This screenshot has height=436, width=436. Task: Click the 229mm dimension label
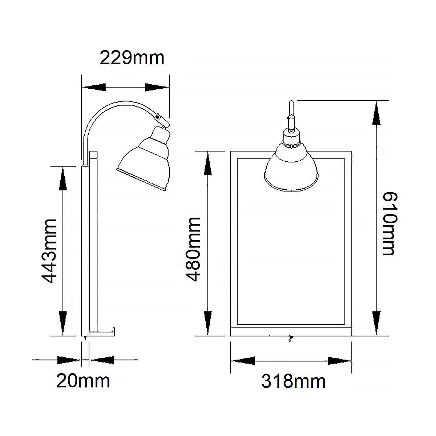point(132,58)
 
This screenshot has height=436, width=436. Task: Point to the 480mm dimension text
point(193,249)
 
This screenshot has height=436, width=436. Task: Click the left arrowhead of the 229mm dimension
point(94,87)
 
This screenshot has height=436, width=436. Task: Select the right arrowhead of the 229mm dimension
point(157,87)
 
